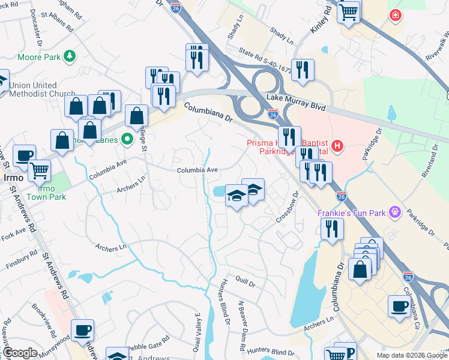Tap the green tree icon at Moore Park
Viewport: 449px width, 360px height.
[x=70, y=56]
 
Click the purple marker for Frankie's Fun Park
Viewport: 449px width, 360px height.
[x=394, y=211]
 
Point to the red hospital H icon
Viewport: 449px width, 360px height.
[x=338, y=145]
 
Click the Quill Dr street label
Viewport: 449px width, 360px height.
[x=246, y=280]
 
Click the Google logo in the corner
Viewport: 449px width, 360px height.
[x=20, y=353]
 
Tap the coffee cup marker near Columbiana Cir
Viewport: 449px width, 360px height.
[x=399, y=307]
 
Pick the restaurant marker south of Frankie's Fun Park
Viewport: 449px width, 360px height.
[x=331, y=229]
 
